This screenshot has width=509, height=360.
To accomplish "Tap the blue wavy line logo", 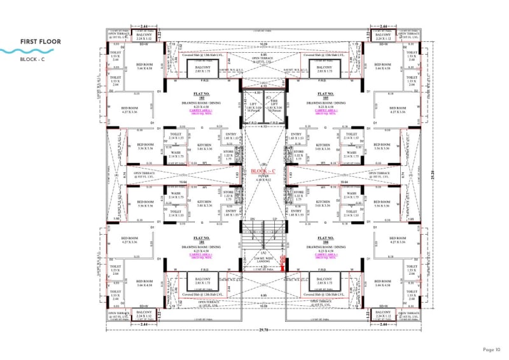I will click(19, 50).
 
